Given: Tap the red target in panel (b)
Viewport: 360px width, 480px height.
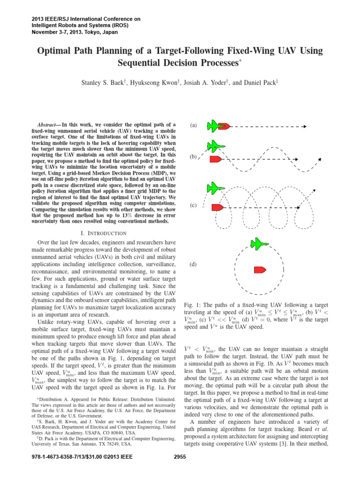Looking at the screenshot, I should [216, 159].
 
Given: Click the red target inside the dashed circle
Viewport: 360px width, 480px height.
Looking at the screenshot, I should [260, 270].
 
